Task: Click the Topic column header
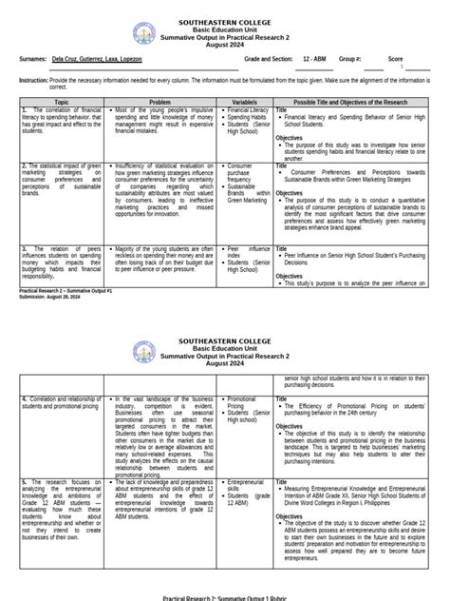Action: click(62, 102)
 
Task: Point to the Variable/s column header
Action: click(245, 102)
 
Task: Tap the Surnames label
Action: click(33, 59)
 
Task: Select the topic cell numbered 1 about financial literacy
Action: click(62, 124)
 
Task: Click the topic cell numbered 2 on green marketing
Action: click(62, 180)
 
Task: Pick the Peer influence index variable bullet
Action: click(248, 253)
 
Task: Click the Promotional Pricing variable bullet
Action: click(242, 403)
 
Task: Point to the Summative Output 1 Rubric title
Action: click(225, 596)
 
